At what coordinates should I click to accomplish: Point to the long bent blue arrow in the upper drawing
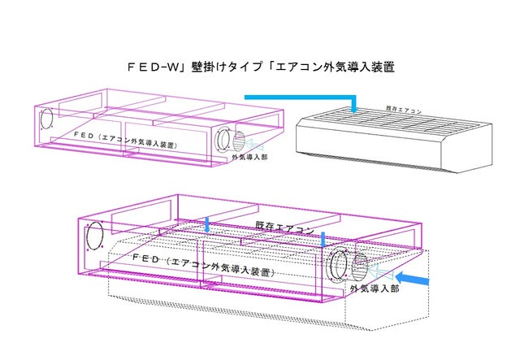pos(301,98)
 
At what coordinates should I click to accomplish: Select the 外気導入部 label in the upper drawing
pos(249,157)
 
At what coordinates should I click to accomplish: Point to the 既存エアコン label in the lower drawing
pos(284,228)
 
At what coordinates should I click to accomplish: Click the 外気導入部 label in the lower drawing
pos(374,288)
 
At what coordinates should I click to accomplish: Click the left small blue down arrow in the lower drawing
pos(208,224)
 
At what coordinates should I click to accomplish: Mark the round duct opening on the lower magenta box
pos(337,266)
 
